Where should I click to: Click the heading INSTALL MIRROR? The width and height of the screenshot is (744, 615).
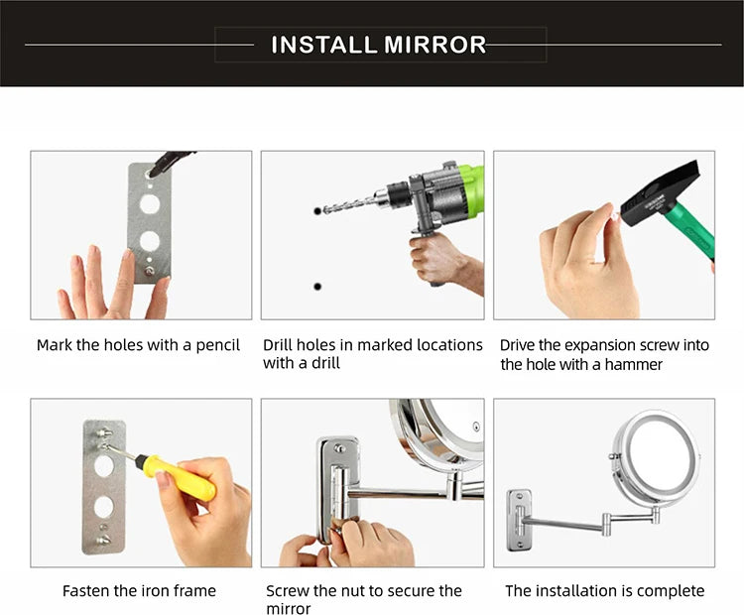tap(379, 45)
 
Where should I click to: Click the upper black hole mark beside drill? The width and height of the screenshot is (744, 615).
tap(317, 211)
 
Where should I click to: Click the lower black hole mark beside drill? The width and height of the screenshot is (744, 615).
tap(317, 286)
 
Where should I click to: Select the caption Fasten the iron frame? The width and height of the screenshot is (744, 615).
tap(139, 591)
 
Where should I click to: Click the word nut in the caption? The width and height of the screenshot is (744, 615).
tap(362, 591)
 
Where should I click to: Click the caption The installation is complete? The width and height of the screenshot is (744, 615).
tap(604, 591)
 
